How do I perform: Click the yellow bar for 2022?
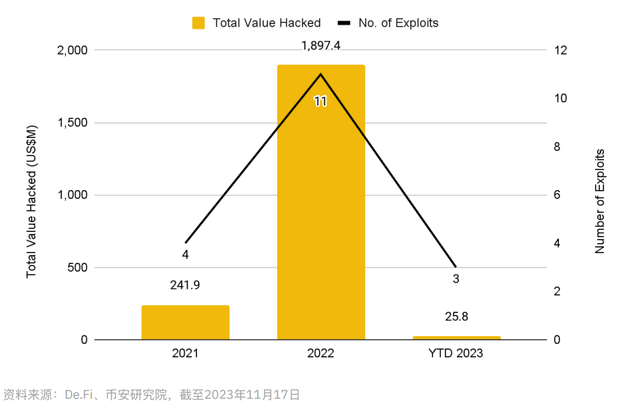(321, 206)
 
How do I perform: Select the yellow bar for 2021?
(186, 322)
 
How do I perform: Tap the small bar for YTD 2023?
(456, 338)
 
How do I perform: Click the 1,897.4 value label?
(321, 46)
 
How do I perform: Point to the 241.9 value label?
(186, 285)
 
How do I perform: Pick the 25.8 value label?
(456, 317)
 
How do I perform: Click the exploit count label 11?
(320, 102)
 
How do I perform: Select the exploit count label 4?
(186, 255)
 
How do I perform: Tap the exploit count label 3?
(456, 279)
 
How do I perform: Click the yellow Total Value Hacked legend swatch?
(199, 23)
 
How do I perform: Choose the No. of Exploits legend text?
(398, 23)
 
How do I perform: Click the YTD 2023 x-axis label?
(456, 354)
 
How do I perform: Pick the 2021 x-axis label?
(186, 354)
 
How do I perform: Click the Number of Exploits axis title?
(600, 201)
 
